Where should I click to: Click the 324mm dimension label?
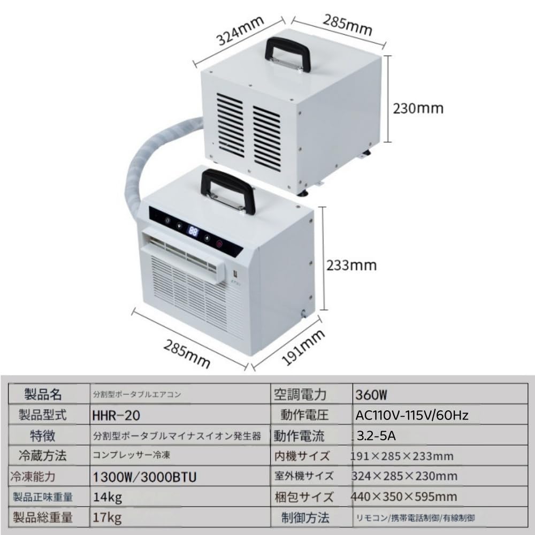(x=241, y=31)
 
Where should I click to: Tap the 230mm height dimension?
(x=418, y=109)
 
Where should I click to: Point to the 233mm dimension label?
(x=351, y=265)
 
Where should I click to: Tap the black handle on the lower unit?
(x=228, y=191)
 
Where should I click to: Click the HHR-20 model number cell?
(x=116, y=415)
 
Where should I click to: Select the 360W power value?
(x=371, y=395)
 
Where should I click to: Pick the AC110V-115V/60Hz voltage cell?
(x=412, y=415)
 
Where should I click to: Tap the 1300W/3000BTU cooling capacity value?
(x=144, y=477)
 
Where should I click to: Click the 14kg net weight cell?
(x=108, y=498)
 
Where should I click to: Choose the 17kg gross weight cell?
(x=107, y=518)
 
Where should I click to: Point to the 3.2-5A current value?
(x=376, y=435)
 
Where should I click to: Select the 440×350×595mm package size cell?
(x=404, y=497)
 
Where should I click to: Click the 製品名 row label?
(x=43, y=394)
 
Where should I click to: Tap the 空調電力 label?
(x=300, y=395)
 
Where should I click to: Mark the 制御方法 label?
(x=305, y=517)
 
